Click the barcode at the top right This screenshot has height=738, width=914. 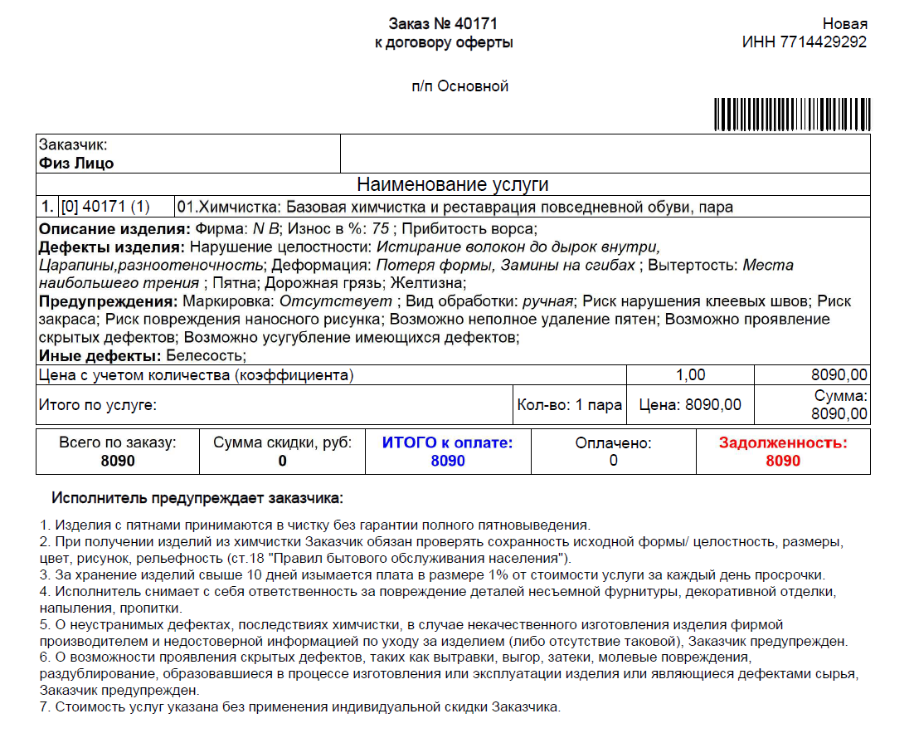click(790, 115)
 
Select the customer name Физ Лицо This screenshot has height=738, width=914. click(76, 164)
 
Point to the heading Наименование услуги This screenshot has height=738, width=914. click(453, 184)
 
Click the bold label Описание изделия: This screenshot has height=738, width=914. click(114, 229)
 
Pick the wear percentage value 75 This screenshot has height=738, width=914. click(381, 229)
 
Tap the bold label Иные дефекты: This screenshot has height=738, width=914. click(100, 356)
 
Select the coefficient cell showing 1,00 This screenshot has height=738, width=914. click(690, 375)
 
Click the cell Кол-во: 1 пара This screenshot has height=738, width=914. click(569, 405)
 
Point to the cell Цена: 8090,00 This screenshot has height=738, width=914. click(690, 405)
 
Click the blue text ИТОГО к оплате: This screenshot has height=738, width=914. click(447, 442)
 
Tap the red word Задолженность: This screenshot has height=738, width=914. click(783, 442)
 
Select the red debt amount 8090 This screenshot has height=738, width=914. click(783, 461)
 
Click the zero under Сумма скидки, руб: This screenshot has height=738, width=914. click(282, 461)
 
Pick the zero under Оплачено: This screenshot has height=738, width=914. click(613, 461)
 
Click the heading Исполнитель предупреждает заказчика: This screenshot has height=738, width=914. click(197, 498)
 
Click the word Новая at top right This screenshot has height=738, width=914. click(844, 23)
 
